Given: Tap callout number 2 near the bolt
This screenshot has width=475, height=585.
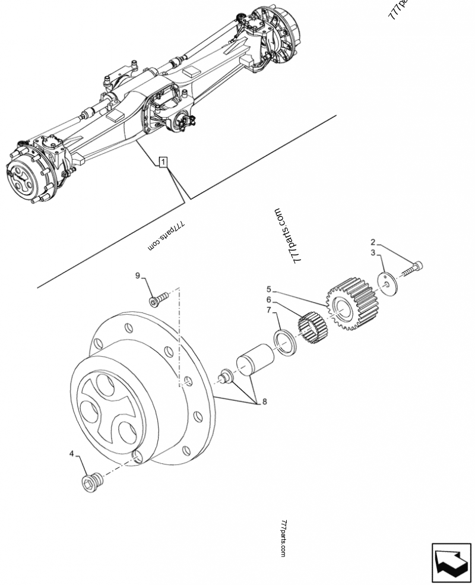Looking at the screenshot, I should click(373, 242).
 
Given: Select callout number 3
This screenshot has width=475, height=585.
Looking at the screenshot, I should click(373, 253).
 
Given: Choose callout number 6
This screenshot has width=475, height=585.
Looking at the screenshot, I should click(268, 300).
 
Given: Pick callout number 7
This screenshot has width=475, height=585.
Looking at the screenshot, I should click(268, 310).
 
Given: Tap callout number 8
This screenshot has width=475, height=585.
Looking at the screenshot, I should click(264, 401).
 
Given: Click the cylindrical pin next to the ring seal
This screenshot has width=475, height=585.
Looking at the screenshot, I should click(254, 360).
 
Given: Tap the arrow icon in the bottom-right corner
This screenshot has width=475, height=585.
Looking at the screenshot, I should click(451, 561).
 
